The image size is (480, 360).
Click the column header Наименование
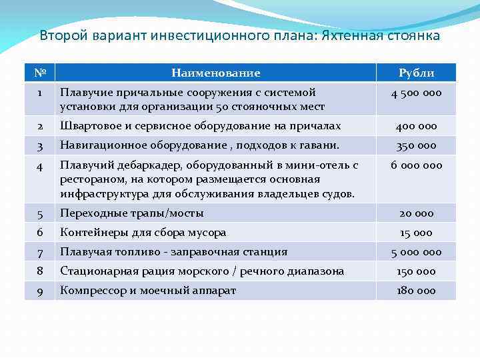pyautogui.click(x=215, y=73)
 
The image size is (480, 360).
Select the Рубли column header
pyautogui.click(x=416, y=73)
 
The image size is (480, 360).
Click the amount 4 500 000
pyautogui.click(x=416, y=93)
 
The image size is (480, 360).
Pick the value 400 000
pyautogui.click(x=416, y=126)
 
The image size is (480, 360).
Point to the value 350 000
pyautogui.click(x=416, y=145)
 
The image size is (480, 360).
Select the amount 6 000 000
pyautogui.click(x=416, y=165)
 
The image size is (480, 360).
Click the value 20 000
pyautogui.click(x=416, y=213)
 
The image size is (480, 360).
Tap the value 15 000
pyautogui.click(x=416, y=233)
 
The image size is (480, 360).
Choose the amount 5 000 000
pyautogui.click(x=416, y=252)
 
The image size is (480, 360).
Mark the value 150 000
pyautogui.click(x=416, y=271)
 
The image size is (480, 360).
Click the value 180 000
pyautogui.click(x=416, y=291)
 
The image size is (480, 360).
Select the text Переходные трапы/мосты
pyautogui.click(x=132, y=213)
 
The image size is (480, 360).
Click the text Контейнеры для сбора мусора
pyautogui.click(x=143, y=233)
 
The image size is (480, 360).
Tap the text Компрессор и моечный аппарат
pyautogui.click(x=148, y=291)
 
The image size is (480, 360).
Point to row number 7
pyautogui.click(x=39, y=252)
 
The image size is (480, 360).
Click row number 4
pyautogui.click(x=39, y=165)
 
